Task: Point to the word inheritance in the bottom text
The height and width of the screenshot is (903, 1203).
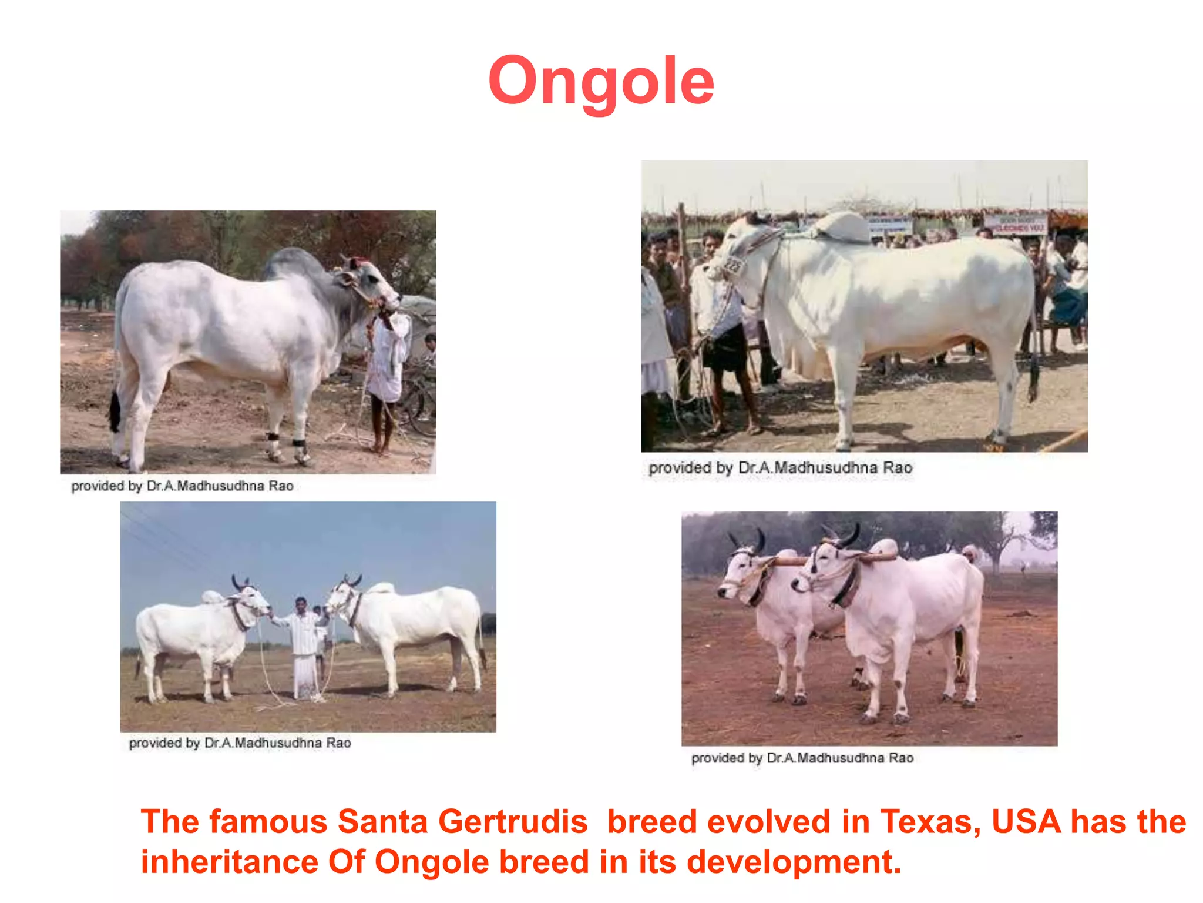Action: (x=230, y=862)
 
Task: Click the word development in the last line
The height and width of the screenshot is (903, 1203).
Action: (x=793, y=862)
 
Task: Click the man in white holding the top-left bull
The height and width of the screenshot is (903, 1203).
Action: (x=389, y=364)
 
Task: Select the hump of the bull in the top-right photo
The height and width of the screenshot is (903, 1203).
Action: (x=843, y=226)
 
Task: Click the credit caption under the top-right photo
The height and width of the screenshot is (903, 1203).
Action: (x=780, y=468)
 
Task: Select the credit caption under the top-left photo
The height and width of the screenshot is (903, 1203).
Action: (x=182, y=486)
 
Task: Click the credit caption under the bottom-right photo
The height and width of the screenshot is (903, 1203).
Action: (x=802, y=758)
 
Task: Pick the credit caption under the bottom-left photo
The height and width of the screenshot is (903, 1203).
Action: (x=240, y=743)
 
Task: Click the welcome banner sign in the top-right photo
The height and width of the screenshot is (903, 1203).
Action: (x=1015, y=224)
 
